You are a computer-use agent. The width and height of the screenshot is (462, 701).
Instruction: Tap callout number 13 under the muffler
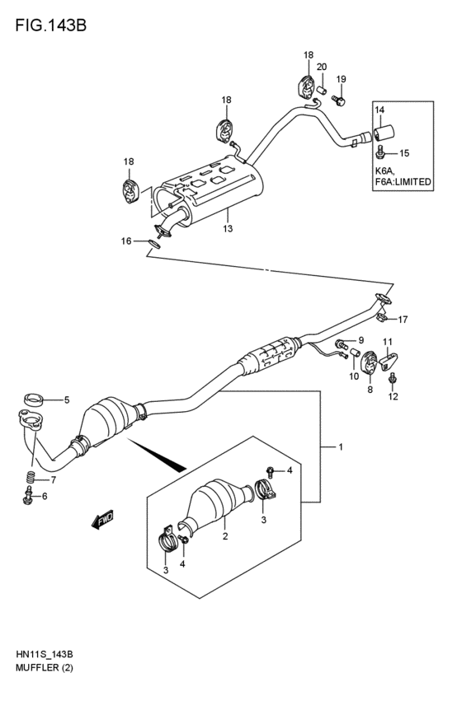tap(229, 228)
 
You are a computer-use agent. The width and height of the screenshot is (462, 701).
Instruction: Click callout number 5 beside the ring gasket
tap(67, 401)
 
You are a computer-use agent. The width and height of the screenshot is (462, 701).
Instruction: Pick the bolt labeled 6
tap(29, 496)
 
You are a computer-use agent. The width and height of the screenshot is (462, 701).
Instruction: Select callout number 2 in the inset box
tap(224, 537)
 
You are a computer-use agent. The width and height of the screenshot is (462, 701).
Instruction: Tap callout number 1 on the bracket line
tap(339, 447)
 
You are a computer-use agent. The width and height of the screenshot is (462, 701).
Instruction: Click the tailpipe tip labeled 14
tap(384, 133)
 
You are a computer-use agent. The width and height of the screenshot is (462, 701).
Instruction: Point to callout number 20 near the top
tap(323, 68)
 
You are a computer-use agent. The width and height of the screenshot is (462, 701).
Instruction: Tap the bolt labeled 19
tap(337, 100)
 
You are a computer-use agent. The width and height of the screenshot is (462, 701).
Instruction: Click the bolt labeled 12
tap(393, 380)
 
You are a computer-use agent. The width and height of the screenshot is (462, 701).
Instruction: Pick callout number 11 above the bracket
tap(387, 342)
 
